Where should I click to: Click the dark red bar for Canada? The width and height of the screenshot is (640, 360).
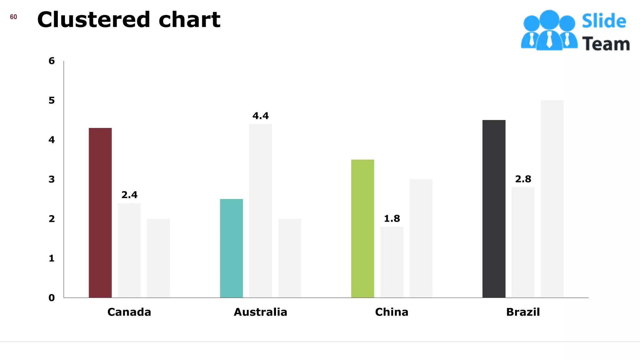click(100, 212)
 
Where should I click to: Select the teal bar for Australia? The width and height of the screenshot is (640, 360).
click(231, 248)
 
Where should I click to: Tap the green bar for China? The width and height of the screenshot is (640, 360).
click(362, 228)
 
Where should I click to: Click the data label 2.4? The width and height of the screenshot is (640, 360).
click(129, 195)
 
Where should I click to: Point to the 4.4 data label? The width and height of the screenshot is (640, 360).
click(261, 116)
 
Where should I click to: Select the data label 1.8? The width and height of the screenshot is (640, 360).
click(392, 218)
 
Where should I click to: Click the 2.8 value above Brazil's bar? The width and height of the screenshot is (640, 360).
click(523, 179)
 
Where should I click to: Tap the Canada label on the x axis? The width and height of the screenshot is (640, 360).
click(129, 312)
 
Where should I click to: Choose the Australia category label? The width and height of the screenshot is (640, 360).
click(260, 312)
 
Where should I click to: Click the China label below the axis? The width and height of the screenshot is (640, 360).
click(392, 312)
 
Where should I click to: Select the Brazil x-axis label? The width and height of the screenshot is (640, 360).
click(523, 312)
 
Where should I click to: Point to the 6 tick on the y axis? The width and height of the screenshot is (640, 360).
click(52, 61)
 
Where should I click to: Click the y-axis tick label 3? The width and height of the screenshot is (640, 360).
click(52, 179)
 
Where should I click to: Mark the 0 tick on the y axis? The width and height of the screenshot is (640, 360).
click(52, 298)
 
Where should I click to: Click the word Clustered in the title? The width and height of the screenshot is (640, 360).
click(94, 20)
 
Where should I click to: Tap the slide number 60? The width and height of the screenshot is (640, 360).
click(13, 17)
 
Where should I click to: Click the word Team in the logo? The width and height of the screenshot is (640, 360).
click(606, 44)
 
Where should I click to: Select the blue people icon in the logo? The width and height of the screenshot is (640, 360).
click(549, 30)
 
